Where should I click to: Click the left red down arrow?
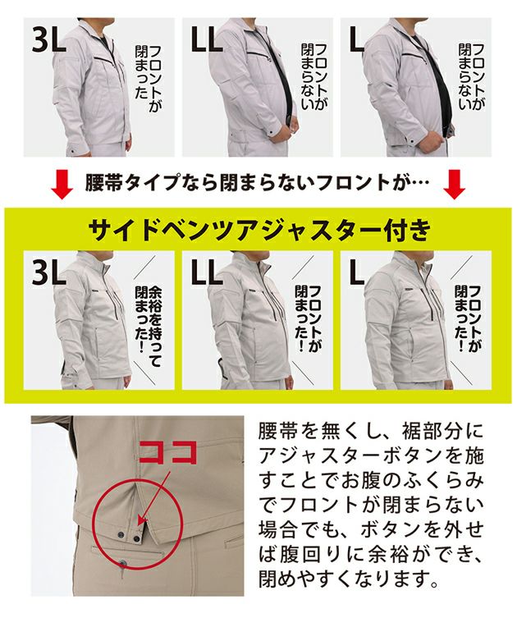[x=62, y=185]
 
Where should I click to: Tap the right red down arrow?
[x=455, y=185]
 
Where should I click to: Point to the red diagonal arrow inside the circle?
[x=153, y=498]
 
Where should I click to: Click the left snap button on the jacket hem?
[x=120, y=534]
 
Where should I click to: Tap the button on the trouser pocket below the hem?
[x=124, y=563]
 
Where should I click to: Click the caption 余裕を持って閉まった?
[x=149, y=321]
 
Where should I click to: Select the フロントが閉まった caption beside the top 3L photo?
[x=149, y=72]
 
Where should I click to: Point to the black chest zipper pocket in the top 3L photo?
[x=106, y=60]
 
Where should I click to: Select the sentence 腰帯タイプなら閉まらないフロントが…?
[x=257, y=183]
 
